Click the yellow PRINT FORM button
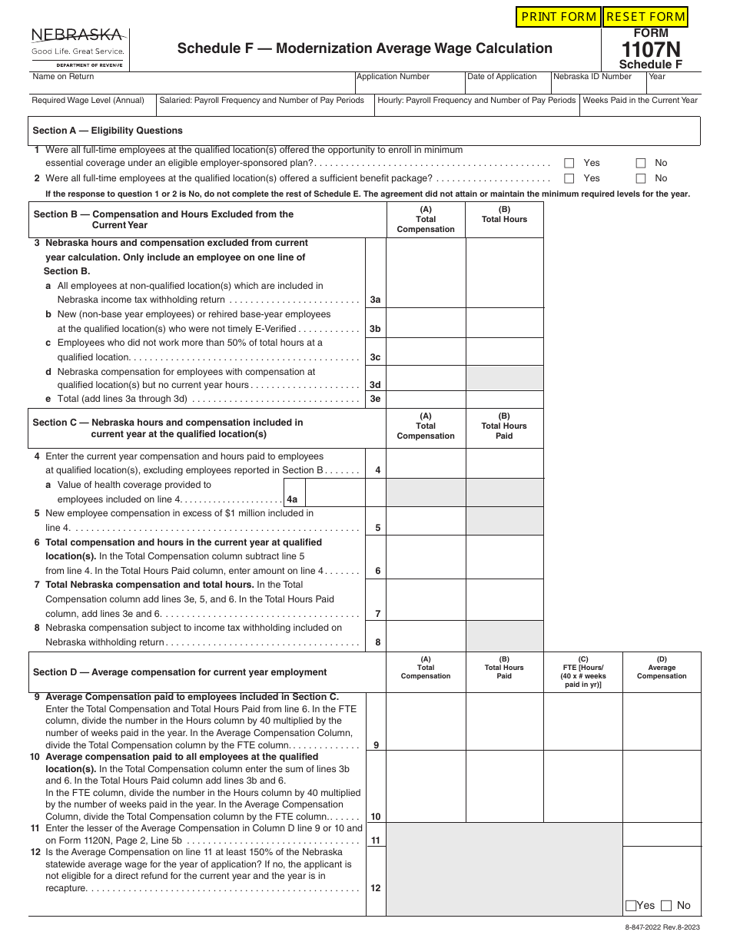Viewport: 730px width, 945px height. (x=558, y=17)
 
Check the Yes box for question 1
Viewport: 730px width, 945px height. (x=569, y=163)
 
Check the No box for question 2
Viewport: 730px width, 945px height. (x=641, y=178)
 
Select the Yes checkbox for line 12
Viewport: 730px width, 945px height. (x=631, y=906)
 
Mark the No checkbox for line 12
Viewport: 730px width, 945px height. (x=666, y=906)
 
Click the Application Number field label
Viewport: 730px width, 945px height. (x=393, y=77)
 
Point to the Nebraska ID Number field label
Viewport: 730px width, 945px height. (x=592, y=77)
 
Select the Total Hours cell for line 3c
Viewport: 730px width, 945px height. (x=504, y=351)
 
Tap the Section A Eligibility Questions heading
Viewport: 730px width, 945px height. (x=108, y=131)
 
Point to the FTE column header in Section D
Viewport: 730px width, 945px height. (x=582, y=671)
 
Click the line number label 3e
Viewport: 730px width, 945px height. (x=375, y=400)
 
